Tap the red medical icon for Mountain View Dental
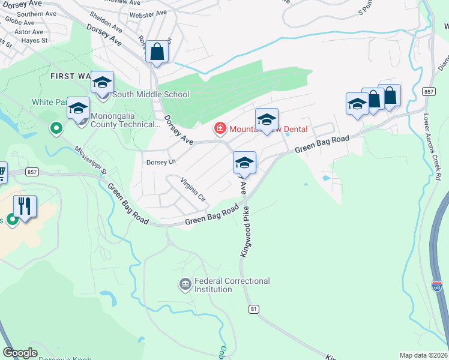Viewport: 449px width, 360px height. click(220, 128)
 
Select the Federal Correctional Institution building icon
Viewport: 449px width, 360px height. click(185, 283)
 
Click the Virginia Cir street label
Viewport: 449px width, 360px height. click(194, 190)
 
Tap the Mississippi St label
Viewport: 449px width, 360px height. click(91, 160)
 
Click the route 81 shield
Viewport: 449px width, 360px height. click(254, 308)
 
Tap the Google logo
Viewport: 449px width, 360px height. click(20, 352)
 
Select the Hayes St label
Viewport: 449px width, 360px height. click(35, 40)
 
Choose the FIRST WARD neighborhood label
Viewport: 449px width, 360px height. click(71, 76)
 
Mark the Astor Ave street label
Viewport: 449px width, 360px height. click(29, 32)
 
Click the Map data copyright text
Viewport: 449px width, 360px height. click(422, 355)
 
